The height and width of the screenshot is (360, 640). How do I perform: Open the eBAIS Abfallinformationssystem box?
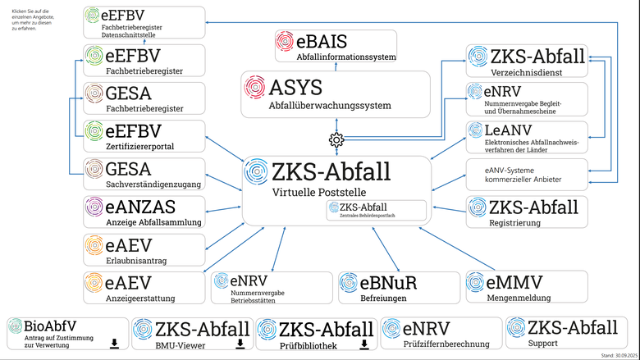(335, 46)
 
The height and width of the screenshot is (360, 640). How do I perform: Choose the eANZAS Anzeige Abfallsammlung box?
(144, 211)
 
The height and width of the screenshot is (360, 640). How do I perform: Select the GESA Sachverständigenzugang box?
(144, 174)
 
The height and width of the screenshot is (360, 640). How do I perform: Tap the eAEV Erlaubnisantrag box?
(144, 248)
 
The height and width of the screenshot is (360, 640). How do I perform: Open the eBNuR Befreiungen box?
(395, 286)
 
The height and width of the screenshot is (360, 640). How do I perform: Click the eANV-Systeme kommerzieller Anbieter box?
(527, 174)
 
